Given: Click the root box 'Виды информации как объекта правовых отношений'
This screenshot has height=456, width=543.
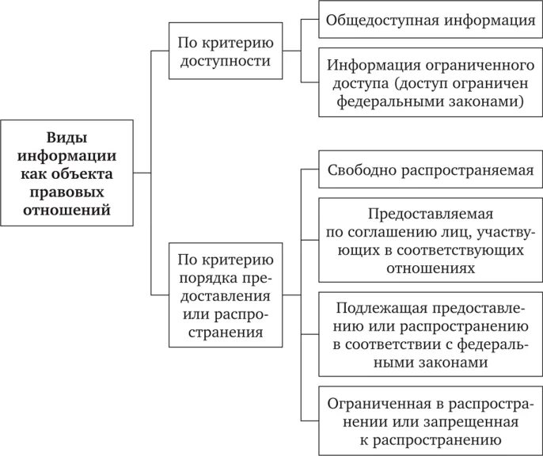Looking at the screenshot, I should pos(66,171).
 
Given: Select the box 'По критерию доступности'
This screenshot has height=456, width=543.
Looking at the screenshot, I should pos(225,51).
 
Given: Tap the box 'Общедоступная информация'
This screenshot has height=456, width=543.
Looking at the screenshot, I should pos(431,20).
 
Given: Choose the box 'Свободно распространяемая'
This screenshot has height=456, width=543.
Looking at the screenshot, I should pos(431,169).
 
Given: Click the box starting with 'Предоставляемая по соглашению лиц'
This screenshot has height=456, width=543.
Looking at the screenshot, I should pos(431,241).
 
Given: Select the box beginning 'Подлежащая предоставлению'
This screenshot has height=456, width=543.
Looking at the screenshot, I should pos(431,333).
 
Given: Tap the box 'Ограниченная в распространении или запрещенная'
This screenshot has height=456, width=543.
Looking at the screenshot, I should pos(431,420).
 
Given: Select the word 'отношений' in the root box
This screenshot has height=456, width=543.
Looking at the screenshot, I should pos(66,210).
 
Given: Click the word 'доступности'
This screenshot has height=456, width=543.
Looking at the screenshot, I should pos(225,60).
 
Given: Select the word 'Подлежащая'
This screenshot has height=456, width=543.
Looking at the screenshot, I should pos(374,307).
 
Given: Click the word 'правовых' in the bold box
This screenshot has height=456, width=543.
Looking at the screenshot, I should pos(66,191).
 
